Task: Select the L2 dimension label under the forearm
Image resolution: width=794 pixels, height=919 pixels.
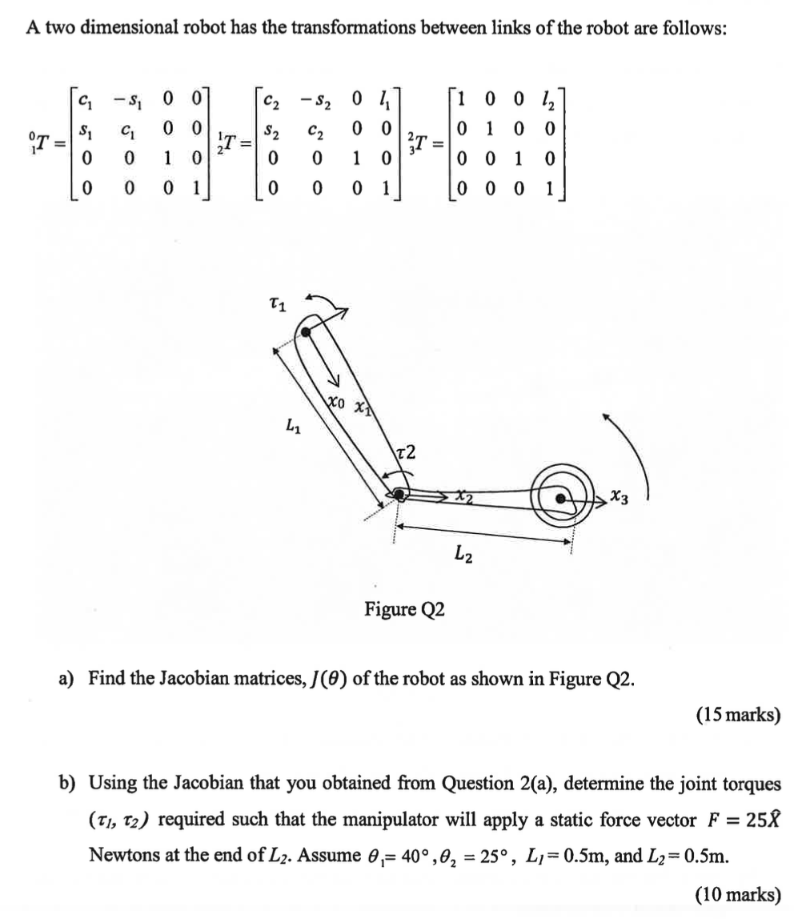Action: click(463, 552)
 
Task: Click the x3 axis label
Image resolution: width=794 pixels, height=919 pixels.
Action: click(619, 498)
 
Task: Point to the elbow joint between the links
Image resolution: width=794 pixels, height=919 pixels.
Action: click(398, 496)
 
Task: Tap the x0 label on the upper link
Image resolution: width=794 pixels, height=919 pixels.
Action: click(336, 403)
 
